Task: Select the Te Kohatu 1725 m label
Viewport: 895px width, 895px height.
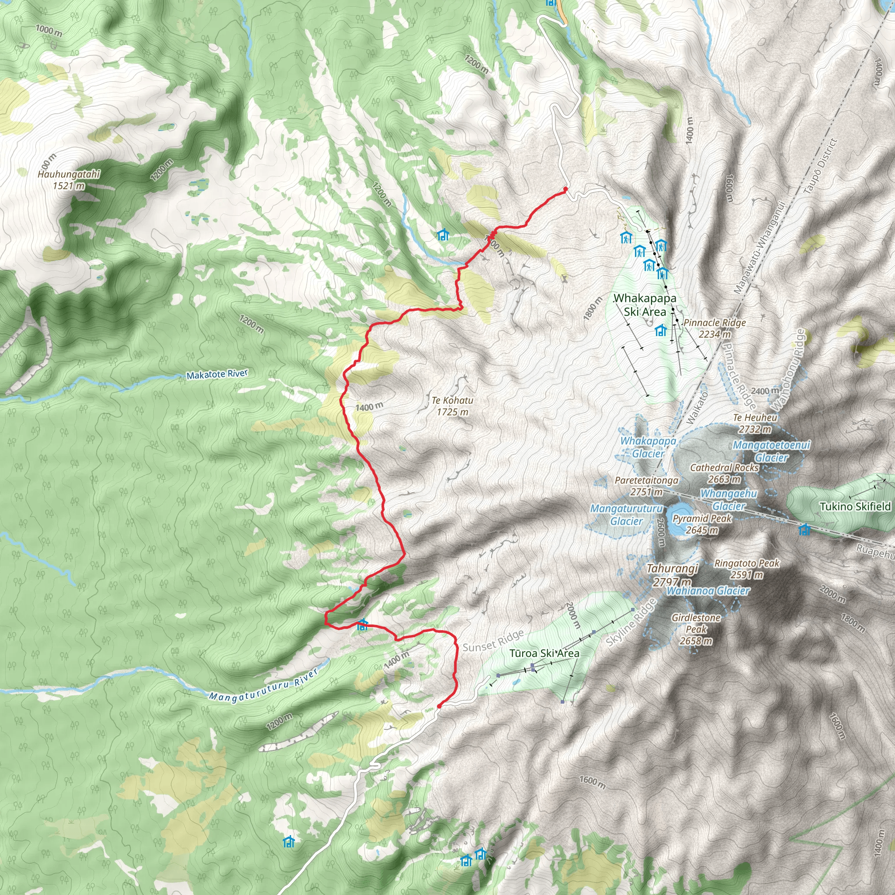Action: tap(453, 406)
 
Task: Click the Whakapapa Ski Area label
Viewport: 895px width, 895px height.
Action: tap(645, 305)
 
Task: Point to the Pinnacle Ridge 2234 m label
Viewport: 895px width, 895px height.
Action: tap(715, 328)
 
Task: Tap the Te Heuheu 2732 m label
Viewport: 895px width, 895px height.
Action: tap(755, 423)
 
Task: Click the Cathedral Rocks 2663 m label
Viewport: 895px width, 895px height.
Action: tap(724, 473)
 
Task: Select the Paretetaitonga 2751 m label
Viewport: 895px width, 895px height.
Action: tap(646, 486)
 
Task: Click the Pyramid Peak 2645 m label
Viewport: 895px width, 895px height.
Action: tap(702, 524)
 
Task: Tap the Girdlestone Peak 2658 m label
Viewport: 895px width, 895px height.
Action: tap(696, 629)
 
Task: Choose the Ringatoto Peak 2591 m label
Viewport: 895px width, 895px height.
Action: tap(747, 569)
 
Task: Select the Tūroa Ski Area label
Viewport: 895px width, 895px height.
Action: tap(545, 653)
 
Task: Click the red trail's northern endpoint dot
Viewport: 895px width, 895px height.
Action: tap(565, 189)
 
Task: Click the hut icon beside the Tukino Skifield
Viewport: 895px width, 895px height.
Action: tap(805, 529)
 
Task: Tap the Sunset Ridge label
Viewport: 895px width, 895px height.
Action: tap(493, 641)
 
